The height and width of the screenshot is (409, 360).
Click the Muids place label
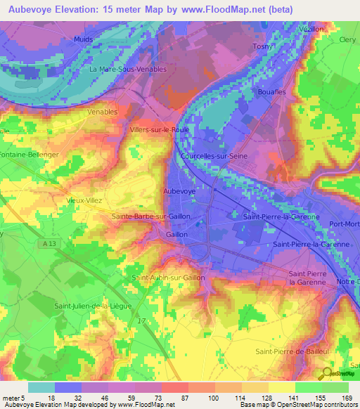pos(83,40)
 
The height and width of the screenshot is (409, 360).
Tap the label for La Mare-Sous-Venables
pos(128,70)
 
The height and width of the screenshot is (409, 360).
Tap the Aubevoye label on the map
pos(179,191)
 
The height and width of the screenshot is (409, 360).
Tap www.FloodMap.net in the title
pos(235,11)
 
